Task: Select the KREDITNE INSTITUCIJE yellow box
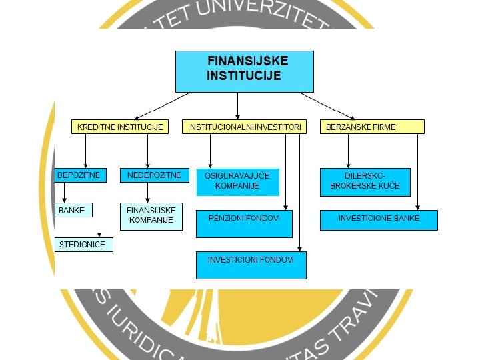point(119,127)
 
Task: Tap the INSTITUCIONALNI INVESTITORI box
point(244,127)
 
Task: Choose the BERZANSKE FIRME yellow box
point(372,127)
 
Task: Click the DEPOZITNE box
point(79,175)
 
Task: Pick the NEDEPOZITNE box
point(151,175)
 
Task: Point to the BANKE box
point(72,211)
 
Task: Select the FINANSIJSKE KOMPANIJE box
point(151,216)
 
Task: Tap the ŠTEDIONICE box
point(83,245)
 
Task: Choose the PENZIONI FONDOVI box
point(244,224)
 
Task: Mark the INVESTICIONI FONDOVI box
point(251,265)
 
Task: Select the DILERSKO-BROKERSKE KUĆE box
point(365,181)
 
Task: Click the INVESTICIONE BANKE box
point(379,220)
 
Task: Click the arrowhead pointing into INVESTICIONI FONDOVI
point(299,249)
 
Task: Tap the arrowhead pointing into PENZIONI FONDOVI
point(285,208)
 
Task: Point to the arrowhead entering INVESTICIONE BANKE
point(418,208)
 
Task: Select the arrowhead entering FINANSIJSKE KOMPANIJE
point(147,200)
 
